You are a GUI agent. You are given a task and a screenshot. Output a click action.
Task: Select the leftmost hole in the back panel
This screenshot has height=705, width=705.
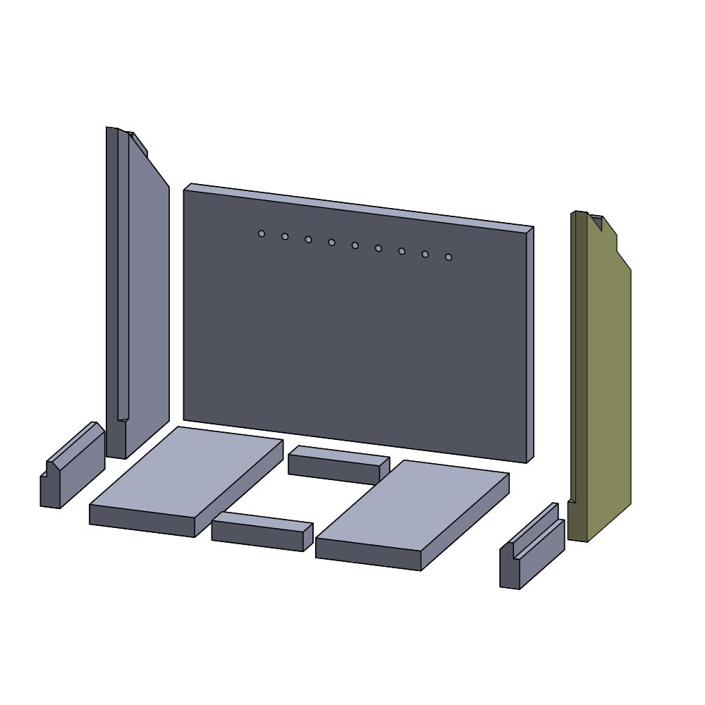tap(262, 233)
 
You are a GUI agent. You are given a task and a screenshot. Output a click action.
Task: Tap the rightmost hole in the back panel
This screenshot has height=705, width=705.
tap(448, 257)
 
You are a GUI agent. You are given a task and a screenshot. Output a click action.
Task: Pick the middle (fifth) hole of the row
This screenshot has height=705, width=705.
tap(355, 245)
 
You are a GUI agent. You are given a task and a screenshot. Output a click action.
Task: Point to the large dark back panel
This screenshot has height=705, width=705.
tap(352, 338)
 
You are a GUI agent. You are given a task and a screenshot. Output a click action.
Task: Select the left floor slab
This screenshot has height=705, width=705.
tap(187, 472)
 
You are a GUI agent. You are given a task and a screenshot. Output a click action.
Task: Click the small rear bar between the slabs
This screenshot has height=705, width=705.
tap(338, 465)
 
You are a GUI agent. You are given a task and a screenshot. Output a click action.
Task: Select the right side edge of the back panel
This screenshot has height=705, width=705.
tap(529, 345)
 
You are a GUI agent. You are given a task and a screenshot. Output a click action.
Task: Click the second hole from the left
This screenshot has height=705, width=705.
tap(285, 236)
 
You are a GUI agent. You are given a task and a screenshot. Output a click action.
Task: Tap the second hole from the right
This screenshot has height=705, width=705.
tap(425, 254)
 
